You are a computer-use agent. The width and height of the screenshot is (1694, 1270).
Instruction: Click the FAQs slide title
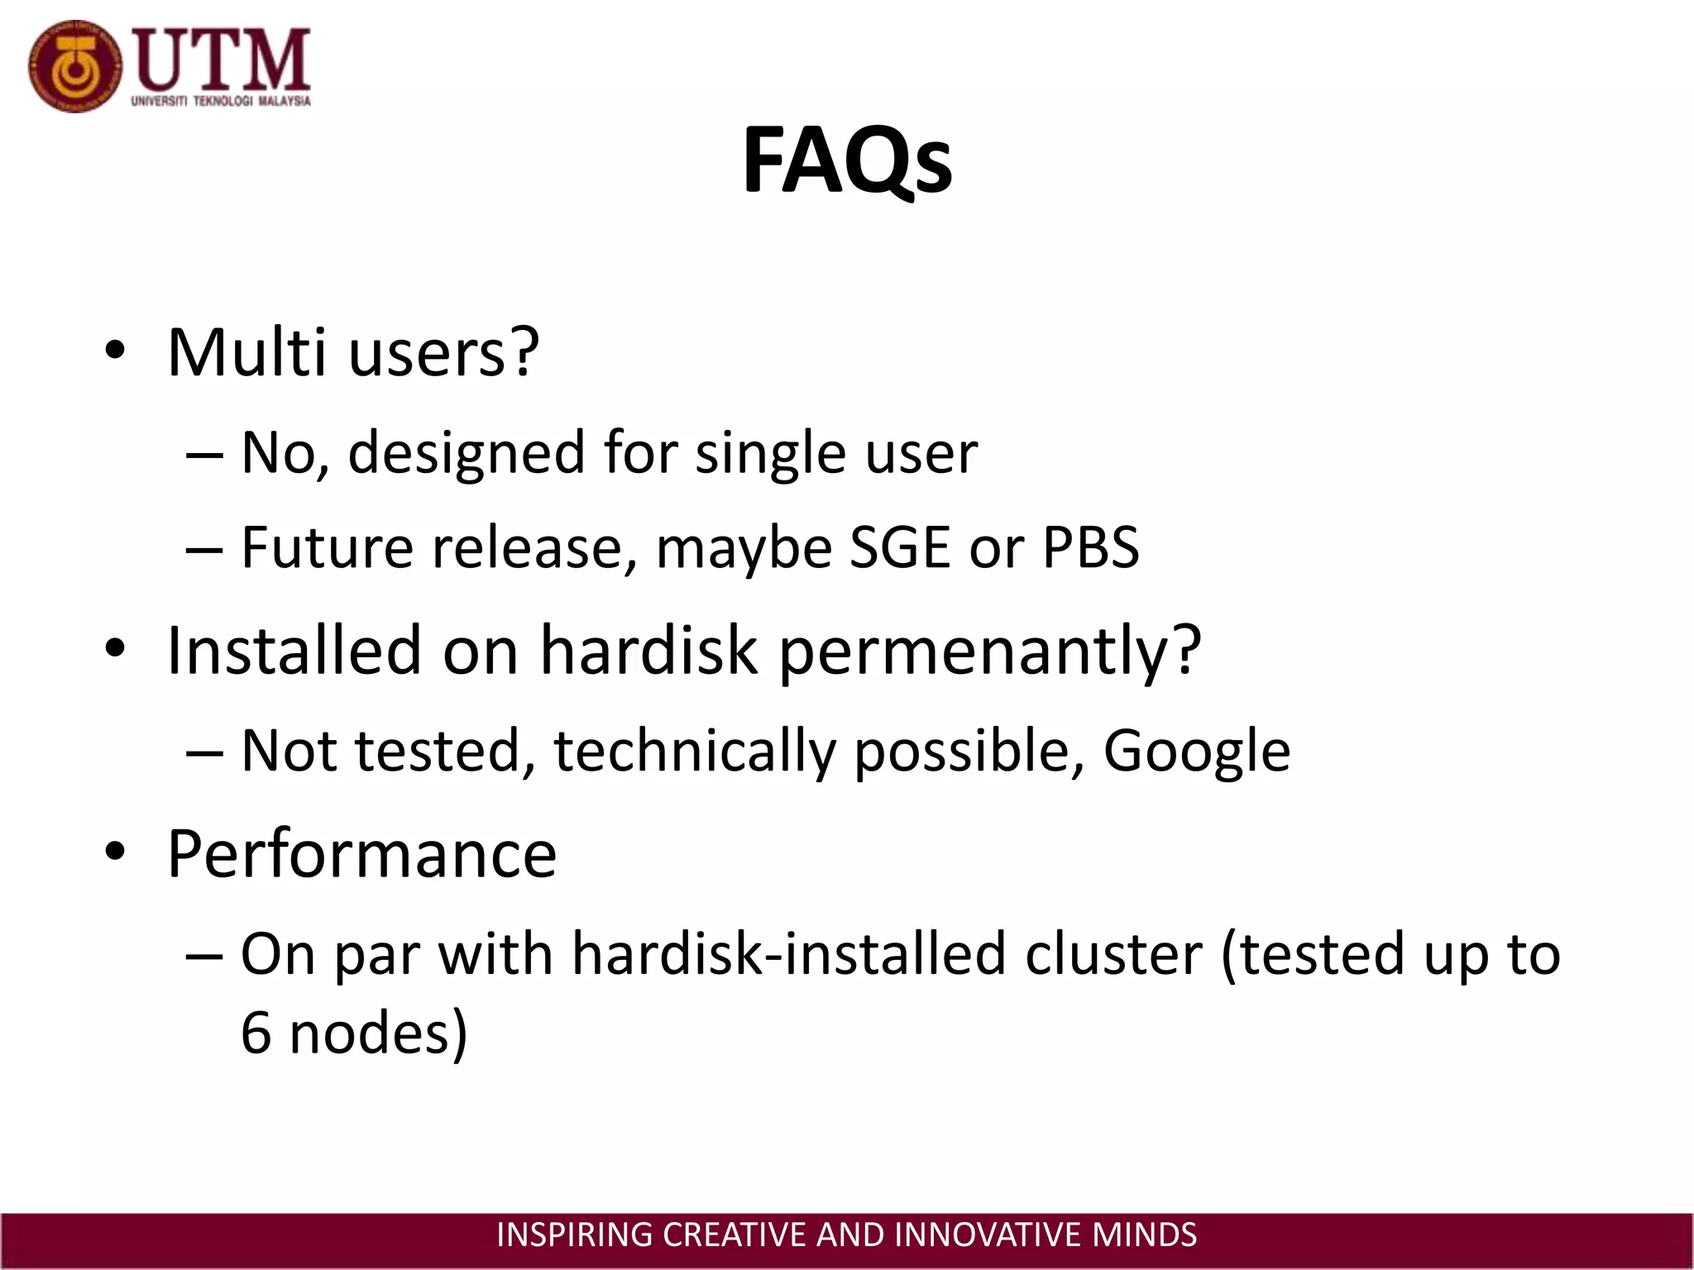pos(847,161)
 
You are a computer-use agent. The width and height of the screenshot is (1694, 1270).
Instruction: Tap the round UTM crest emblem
pos(74,67)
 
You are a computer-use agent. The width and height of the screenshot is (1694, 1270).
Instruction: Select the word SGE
pos(900,547)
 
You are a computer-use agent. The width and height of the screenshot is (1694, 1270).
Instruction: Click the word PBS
pos(1090,547)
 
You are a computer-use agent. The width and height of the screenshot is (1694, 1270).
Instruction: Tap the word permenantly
pos(989,652)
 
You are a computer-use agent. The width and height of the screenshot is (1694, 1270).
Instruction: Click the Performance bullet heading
pos(361,853)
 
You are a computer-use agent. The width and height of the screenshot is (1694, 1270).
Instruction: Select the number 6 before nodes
pos(256,1034)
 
